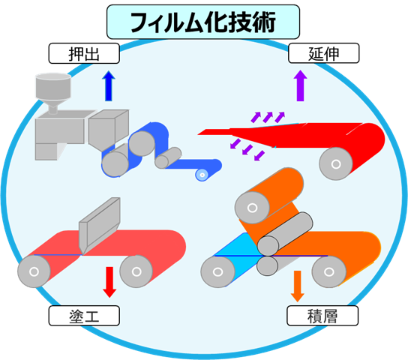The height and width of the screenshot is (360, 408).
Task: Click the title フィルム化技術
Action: point(203,22)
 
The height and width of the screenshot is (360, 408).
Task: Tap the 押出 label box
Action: point(84,53)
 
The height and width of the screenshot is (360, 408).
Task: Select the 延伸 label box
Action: point(324,53)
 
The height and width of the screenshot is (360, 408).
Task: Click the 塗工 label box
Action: point(84,316)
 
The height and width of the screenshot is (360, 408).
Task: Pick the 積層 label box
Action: point(322,316)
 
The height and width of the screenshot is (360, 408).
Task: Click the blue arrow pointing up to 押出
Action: point(109,85)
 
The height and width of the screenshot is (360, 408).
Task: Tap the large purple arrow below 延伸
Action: point(300,85)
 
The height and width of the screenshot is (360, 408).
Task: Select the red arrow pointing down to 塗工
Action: point(109,282)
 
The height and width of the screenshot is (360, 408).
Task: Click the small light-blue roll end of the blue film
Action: point(202,175)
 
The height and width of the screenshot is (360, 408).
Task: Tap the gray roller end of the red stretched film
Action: point(336,163)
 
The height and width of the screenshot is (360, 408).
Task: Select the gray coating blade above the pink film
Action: point(100,226)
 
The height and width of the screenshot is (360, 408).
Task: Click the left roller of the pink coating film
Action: point(34,271)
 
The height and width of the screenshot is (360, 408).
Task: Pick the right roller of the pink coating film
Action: point(136,271)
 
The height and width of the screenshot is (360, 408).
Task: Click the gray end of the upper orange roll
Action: point(252,208)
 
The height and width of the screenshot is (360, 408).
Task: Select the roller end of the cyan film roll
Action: point(217,271)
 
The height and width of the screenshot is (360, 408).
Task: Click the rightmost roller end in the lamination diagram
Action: point(328,271)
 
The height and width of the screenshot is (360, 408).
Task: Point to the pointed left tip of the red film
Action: point(198,134)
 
